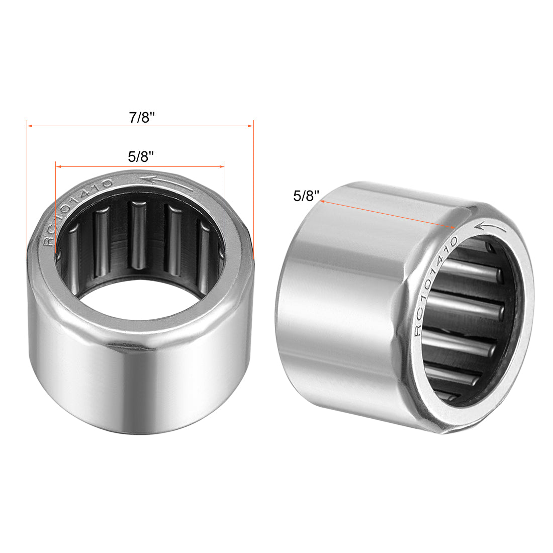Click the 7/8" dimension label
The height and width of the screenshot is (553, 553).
click(x=141, y=117)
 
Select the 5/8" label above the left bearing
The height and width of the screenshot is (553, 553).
click(x=141, y=157)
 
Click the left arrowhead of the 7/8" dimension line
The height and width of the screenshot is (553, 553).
click(x=29, y=126)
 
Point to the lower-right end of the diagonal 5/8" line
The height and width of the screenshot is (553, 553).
click(x=454, y=227)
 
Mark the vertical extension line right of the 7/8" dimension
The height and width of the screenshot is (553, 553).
click(x=253, y=191)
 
